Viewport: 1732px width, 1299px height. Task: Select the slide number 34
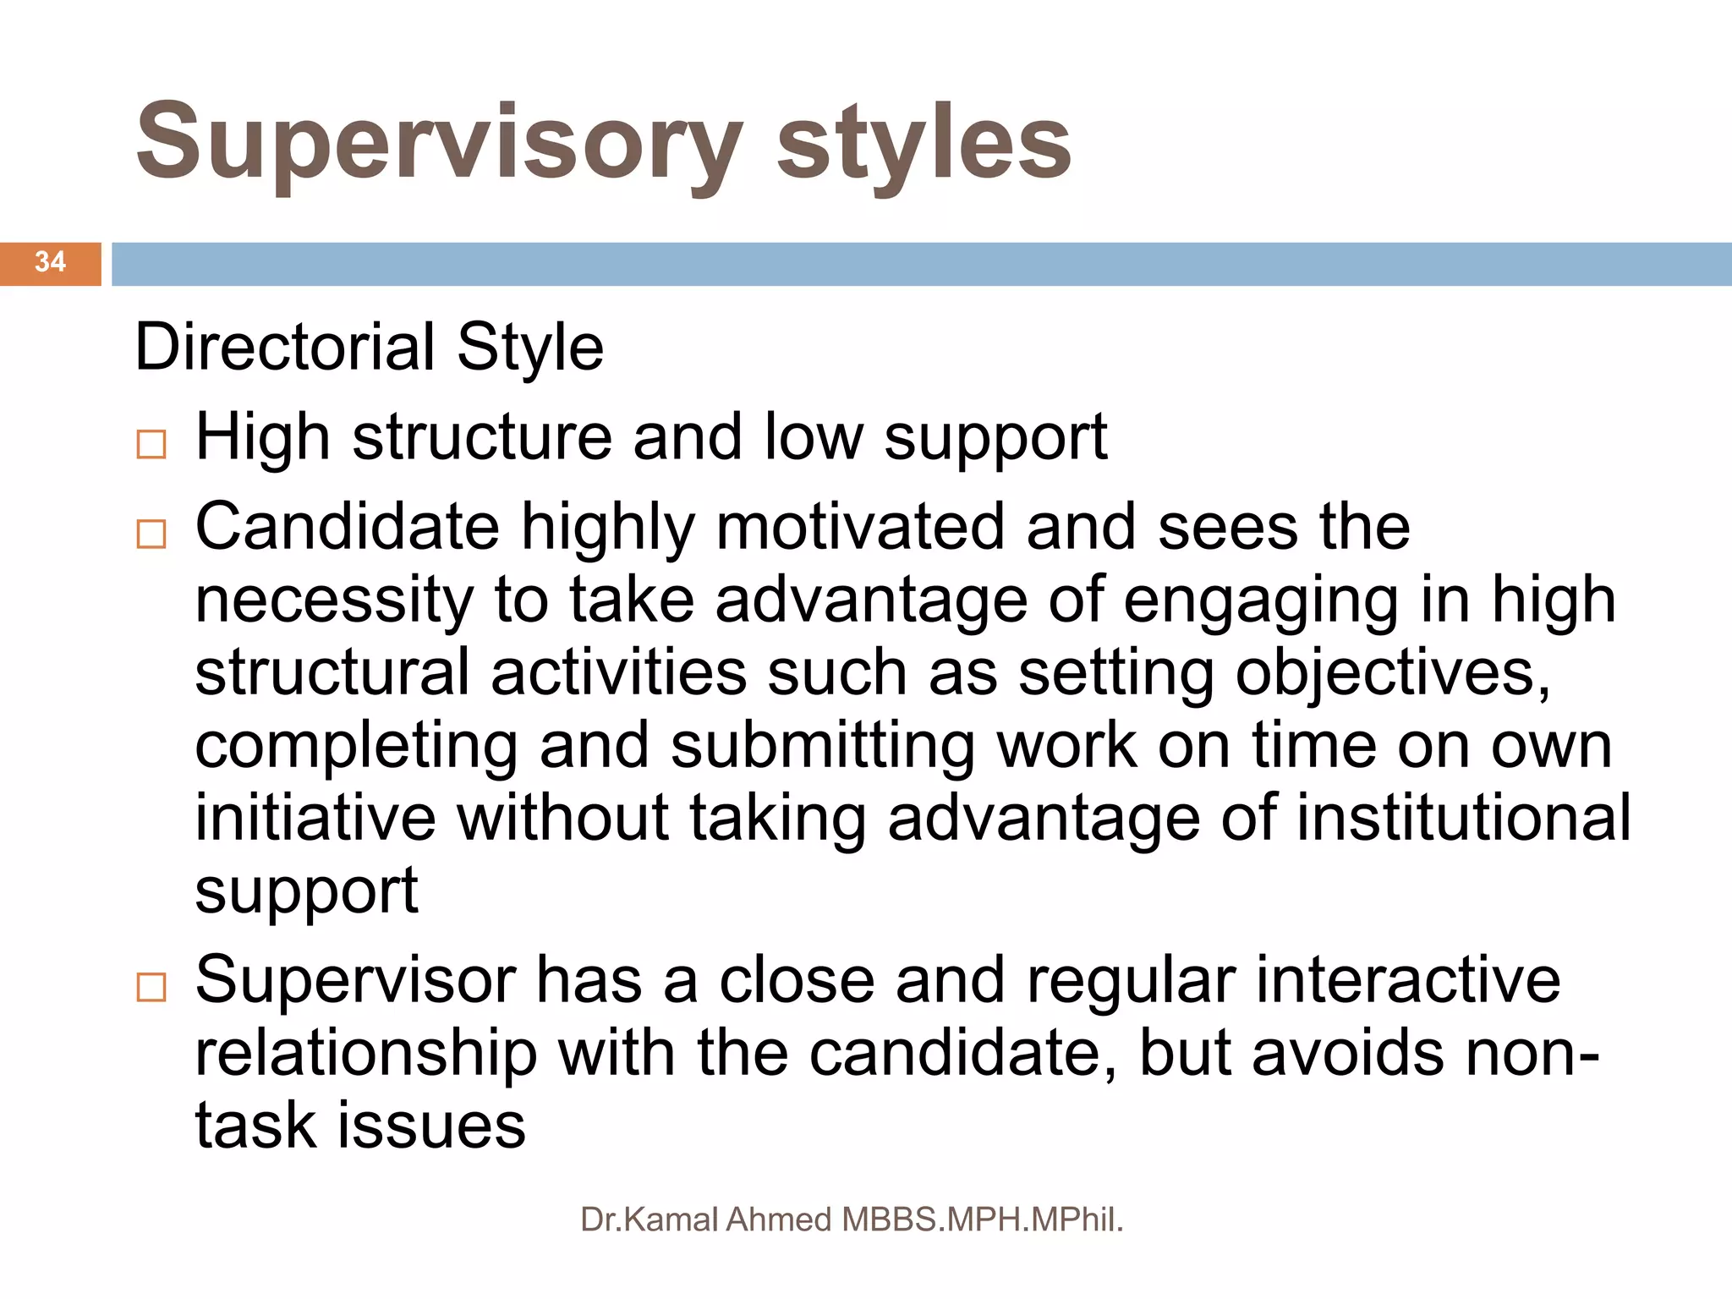[x=50, y=261]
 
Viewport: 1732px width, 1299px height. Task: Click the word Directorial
[x=285, y=348]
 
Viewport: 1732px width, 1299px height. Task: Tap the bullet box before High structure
[x=151, y=444]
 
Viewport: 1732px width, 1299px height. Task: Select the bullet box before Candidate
[x=151, y=534]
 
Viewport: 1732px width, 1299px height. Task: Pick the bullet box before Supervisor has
[x=151, y=987]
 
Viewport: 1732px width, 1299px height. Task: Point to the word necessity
[x=334, y=601]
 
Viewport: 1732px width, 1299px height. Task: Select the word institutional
[x=1463, y=818]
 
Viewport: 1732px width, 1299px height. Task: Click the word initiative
[x=315, y=818]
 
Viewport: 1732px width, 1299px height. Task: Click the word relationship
[x=365, y=1054]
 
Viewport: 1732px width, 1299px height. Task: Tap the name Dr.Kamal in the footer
[x=649, y=1220]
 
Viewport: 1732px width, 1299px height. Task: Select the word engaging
[x=1261, y=601]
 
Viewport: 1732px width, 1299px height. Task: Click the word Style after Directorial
[x=530, y=348]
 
